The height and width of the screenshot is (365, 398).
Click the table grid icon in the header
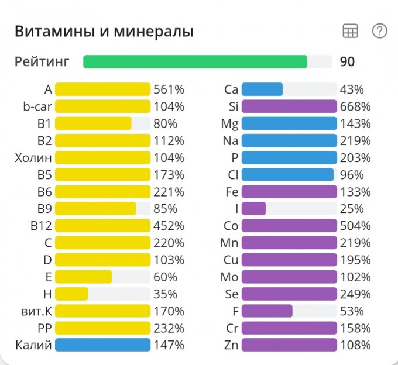[350, 32]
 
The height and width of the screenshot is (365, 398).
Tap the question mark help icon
[380, 31]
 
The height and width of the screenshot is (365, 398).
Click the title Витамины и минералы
[104, 32]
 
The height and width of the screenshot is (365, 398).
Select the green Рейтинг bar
[195, 61]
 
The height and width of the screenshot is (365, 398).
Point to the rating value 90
[347, 61]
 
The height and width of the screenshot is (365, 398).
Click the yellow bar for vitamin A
[102, 89]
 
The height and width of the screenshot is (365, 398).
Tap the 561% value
[169, 89]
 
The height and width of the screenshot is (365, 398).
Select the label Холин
[33, 157]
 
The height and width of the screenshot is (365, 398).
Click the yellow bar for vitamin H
[71, 294]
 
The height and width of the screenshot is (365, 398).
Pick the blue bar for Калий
[102, 345]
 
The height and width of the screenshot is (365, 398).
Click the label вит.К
[36, 311]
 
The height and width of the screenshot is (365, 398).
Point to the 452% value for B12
[169, 226]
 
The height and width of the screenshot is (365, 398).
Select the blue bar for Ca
[262, 89]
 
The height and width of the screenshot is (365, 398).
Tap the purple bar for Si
[289, 106]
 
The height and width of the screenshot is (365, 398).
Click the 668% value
[355, 106]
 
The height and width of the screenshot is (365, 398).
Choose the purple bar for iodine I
[253, 209]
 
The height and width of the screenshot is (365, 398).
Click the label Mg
[230, 123]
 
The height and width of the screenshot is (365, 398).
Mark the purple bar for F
[267, 311]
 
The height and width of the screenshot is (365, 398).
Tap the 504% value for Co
[355, 226]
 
